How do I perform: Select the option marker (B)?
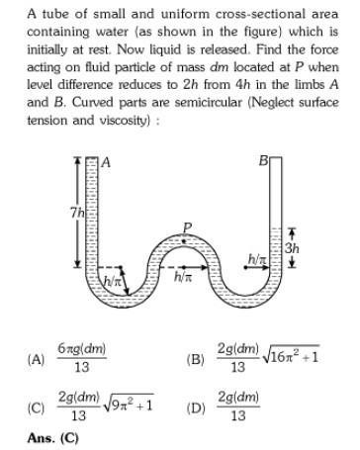195,358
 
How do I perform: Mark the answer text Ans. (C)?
49,436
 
